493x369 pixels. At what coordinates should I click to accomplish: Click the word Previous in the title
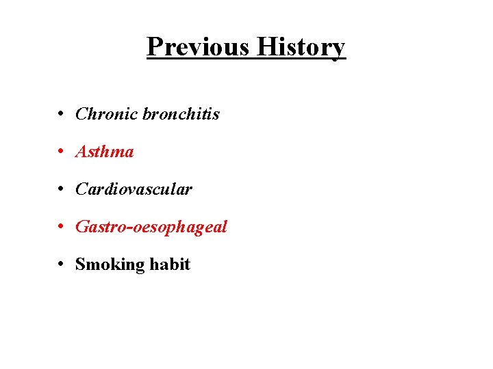(x=198, y=46)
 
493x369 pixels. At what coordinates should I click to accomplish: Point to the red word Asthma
(x=104, y=151)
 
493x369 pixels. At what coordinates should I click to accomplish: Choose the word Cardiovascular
(x=134, y=189)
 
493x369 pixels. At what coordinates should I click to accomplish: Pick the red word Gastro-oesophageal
(x=151, y=227)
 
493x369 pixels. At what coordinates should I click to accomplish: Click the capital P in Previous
(x=155, y=46)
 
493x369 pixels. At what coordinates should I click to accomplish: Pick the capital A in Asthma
(x=81, y=151)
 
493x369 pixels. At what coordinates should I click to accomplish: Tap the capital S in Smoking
(x=80, y=264)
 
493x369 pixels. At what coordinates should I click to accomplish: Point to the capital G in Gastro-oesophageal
(x=81, y=226)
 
